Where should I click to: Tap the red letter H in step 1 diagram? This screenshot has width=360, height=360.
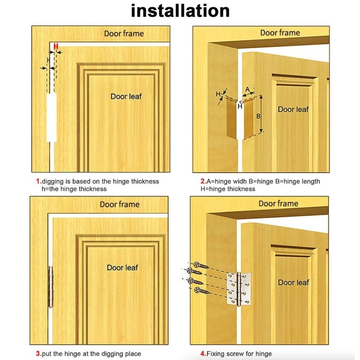[56, 46]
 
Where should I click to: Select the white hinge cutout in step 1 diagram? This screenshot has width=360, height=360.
[52, 117]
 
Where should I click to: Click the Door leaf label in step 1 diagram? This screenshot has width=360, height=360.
[126, 96]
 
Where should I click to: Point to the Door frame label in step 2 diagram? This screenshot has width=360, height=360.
[280, 33]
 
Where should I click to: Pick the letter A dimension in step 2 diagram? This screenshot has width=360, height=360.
[248, 89]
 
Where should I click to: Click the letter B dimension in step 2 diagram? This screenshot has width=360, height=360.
[258, 116]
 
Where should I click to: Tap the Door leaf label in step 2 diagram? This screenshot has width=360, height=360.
[293, 109]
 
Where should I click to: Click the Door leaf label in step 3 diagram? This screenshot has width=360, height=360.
[122, 267]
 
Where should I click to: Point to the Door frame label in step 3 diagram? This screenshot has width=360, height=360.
[120, 204]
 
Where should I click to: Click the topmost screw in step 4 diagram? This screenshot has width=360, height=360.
[202, 266]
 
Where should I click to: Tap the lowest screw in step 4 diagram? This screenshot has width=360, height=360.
[202, 290]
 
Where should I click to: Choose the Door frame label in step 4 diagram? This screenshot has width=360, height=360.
[278, 204]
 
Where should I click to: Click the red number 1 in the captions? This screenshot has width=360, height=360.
[38, 181]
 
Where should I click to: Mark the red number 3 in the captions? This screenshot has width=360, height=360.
[38, 354]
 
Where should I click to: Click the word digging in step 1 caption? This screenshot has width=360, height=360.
[53, 181]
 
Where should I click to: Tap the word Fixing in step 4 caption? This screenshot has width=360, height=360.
[215, 354]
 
